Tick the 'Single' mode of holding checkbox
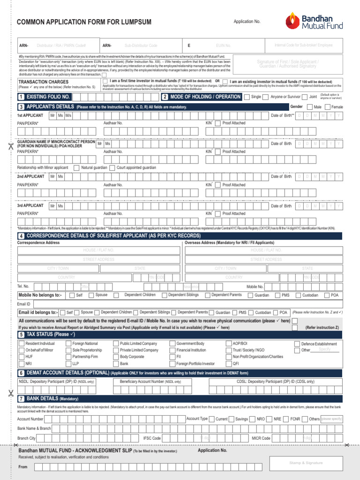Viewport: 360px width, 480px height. tap(247, 97)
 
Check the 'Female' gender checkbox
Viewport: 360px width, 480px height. tap(327, 107)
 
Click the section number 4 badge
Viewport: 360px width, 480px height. tap(21, 235)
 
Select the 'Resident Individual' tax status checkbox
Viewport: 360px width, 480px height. tap(22, 344)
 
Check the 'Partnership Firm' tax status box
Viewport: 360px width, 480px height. tap(68, 357)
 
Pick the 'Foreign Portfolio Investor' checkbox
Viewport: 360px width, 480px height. tap(172, 364)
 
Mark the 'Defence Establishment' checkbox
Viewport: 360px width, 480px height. tap(297, 344)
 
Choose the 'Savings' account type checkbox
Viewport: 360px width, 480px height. tap(232, 419)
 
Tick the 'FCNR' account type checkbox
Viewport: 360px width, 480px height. tap(287, 419)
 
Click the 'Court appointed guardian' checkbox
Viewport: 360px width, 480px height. tap(112, 168)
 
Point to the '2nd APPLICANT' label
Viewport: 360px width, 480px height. tap(31, 177)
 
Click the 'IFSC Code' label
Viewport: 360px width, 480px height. tap(152, 438)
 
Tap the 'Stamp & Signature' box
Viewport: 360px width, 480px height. tap(306, 463)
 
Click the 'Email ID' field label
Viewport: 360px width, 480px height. tap(24, 304)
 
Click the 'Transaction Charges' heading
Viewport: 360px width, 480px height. tap(43, 82)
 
